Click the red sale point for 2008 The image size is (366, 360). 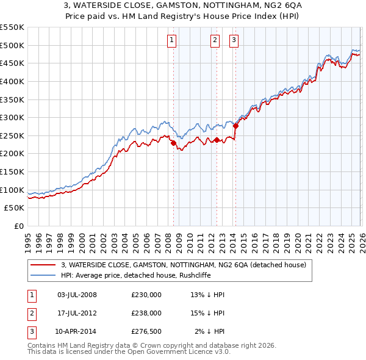coord(173,143)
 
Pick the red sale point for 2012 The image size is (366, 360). coord(217,140)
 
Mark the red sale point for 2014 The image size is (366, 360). coord(235,126)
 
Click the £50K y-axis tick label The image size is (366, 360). coord(15,208)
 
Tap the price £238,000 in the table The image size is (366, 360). coord(146,313)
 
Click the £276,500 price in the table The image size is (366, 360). coord(146,331)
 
